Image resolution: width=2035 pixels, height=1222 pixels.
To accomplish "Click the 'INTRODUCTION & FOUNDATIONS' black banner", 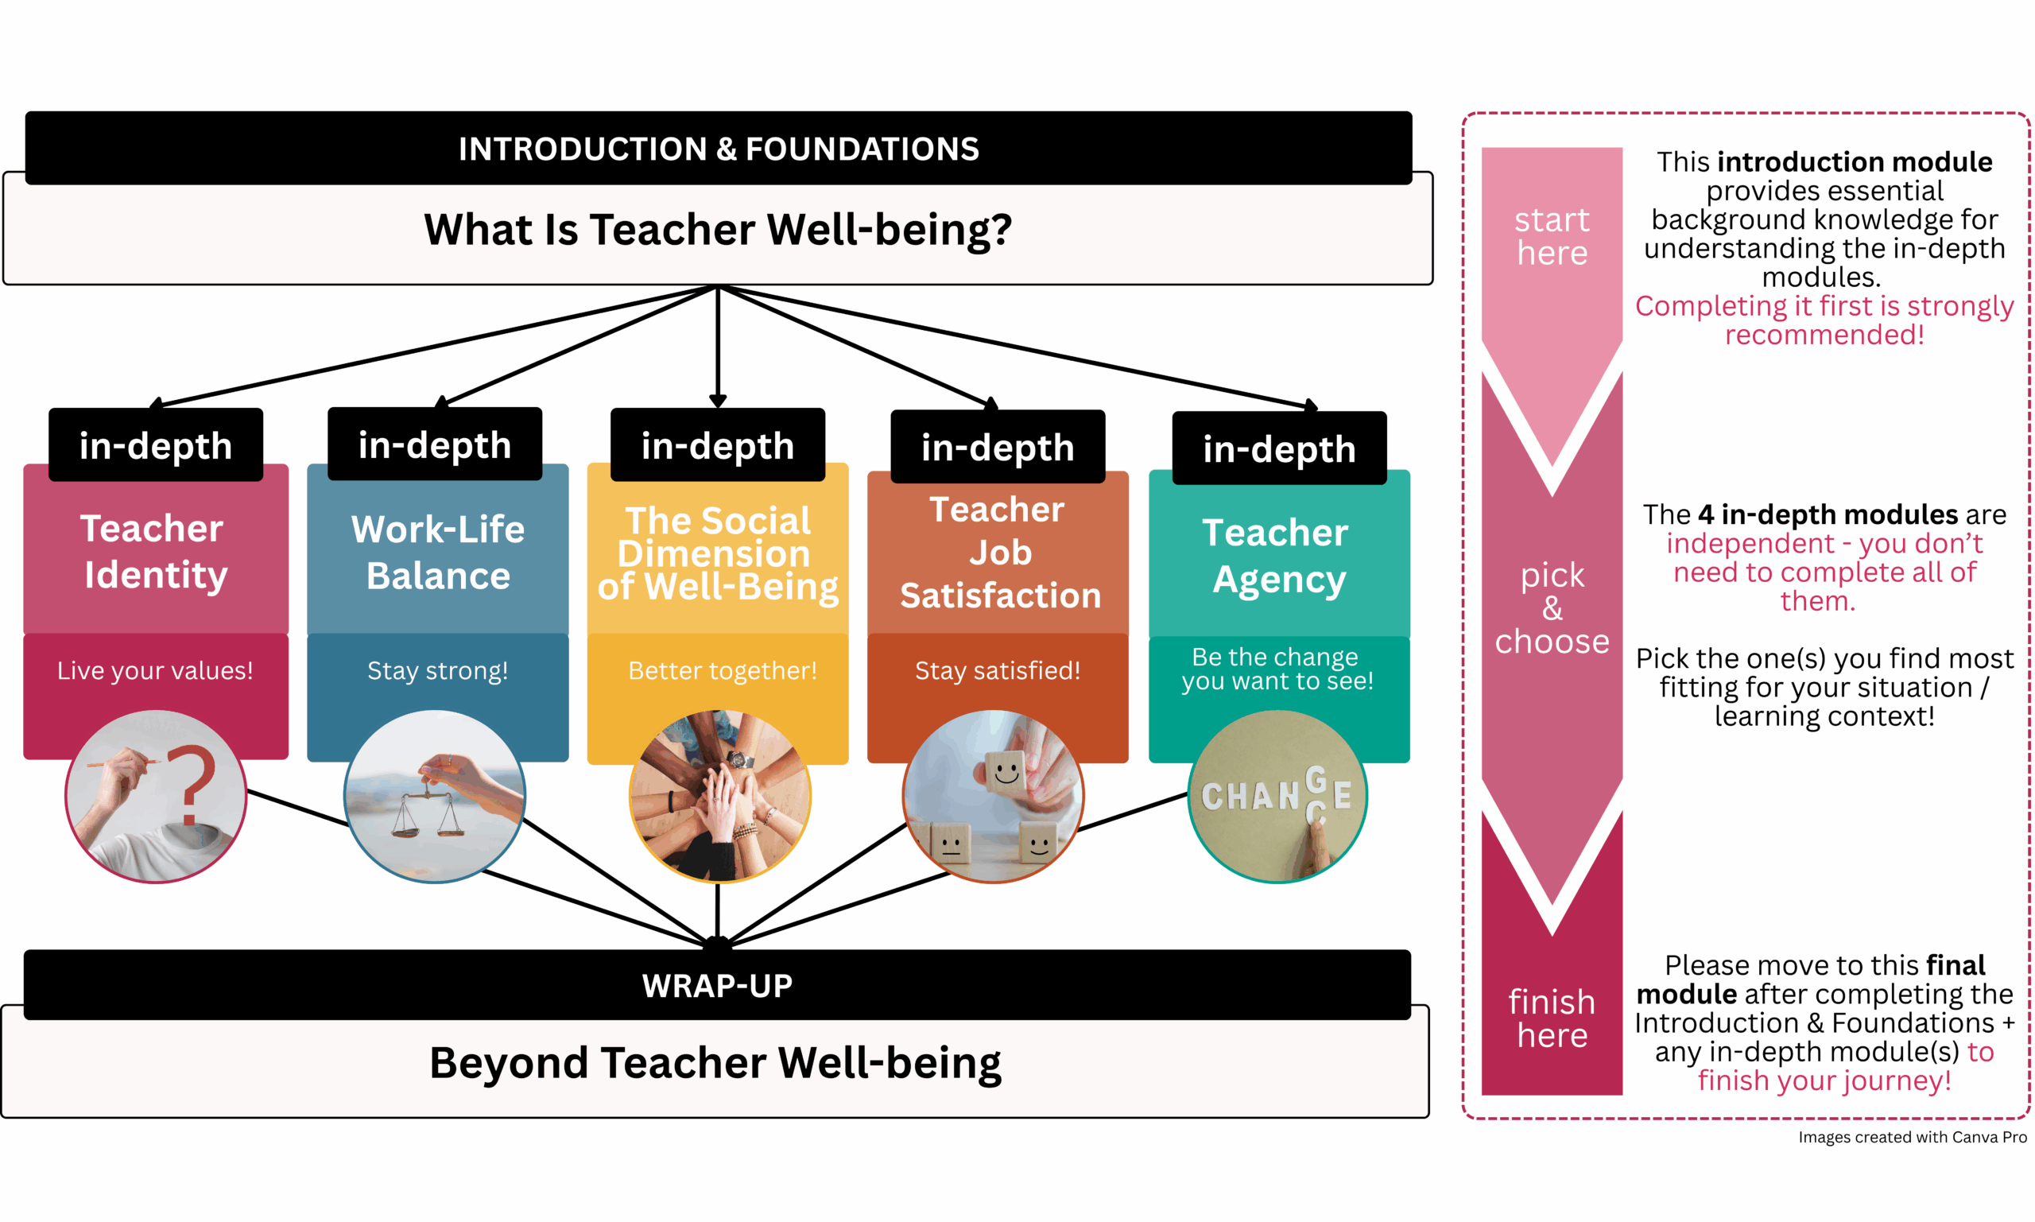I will click(x=718, y=149).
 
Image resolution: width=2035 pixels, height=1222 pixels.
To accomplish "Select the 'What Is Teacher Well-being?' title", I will click(x=718, y=229).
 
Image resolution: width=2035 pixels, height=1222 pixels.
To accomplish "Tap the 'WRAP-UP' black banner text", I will click(x=717, y=986).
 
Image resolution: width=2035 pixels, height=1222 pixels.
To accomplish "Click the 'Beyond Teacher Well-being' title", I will click(x=715, y=1062).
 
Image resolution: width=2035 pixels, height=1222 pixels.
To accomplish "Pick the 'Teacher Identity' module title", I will click(x=154, y=551).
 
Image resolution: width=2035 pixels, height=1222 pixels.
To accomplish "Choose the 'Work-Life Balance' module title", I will click(x=437, y=552).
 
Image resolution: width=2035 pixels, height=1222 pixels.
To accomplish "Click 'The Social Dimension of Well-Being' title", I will click(x=717, y=553).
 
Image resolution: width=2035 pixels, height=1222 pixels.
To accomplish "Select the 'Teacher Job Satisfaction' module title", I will click(x=999, y=553).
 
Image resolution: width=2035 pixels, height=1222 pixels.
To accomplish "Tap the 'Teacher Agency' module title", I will click(x=1277, y=556).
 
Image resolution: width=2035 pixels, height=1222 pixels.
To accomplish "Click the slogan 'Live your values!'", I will click(x=155, y=670).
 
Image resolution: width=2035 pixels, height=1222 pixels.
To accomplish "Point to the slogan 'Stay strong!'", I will click(x=437, y=670).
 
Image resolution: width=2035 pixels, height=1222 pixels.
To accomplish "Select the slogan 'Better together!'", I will click(x=722, y=670).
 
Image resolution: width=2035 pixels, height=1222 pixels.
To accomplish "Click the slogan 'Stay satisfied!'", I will click(x=997, y=670).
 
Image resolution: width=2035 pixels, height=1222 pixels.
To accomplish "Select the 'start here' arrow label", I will click(x=1551, y=236).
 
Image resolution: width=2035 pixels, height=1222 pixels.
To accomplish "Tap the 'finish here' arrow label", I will click(x=1551, y=1018).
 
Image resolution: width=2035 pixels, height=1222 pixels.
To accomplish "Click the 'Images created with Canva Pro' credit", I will click(x=1912, y=1137).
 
